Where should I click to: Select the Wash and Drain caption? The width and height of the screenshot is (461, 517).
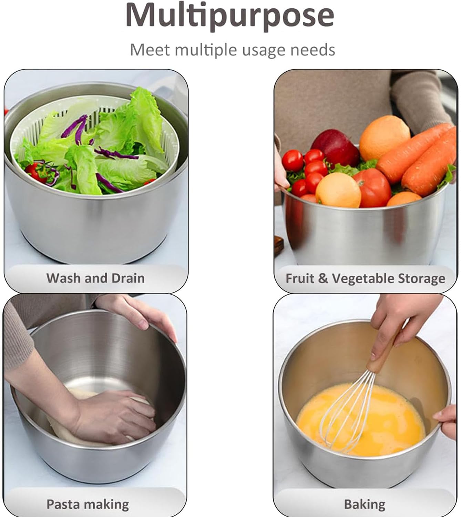coord(95,278)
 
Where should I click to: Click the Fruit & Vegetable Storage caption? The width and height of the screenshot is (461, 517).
coord(365,278)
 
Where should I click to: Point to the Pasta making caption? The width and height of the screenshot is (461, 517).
coord(88,504)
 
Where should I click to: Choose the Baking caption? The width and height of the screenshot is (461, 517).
coord(365,504)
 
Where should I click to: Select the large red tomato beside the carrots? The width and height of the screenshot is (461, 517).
coord(372,188)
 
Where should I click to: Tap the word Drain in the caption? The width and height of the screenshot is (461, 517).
coord(127,278)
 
